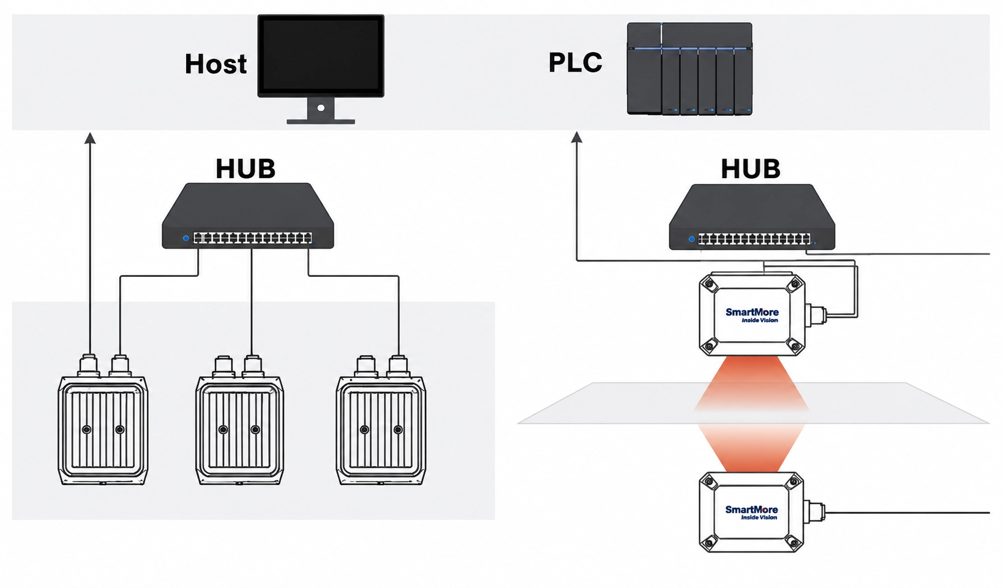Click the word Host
(x=216, y=64)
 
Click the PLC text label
(x=576, y=62)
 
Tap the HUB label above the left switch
(x=246, y=168)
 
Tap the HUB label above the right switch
(x=751, y=169)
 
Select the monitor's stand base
(x=321, y=121)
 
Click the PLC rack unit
(x=689, y=69)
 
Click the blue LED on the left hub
(x=186, y=238)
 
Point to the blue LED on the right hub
(x=691, y=239)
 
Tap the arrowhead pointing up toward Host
(x=90, y=138)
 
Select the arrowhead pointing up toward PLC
(x=577, y=137)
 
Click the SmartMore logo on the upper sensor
(x=752, y=315)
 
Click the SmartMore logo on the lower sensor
(x=751, y=512)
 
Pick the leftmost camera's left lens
(x=87, y=429)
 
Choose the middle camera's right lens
(x=255, y=429)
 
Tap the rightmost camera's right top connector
(x=397, y=366)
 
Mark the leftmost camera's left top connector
(x=89, y=366)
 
